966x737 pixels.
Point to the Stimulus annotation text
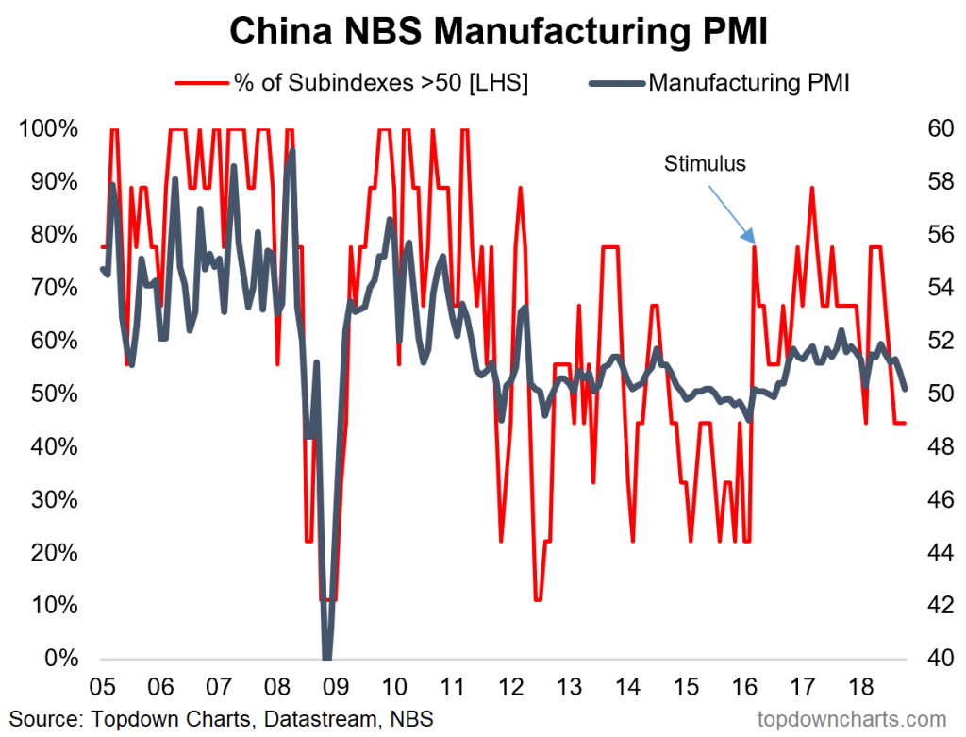705,164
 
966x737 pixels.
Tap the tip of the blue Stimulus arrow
753,243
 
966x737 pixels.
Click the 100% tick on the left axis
50,128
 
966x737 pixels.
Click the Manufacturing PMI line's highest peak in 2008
292,150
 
